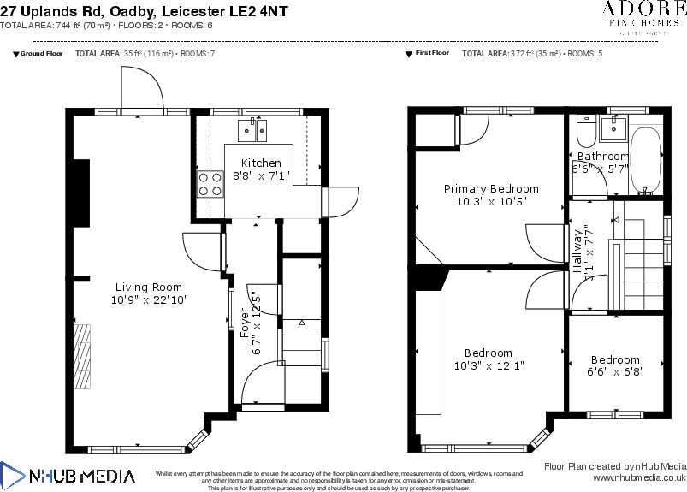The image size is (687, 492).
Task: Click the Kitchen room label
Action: click(x=261, y=163)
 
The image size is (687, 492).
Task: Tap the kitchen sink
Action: click(x=252, y=130)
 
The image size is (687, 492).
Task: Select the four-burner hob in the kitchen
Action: click(x=210, y=184)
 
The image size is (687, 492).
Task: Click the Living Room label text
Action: click(x=149, y=287)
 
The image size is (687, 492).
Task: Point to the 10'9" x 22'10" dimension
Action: click(x=149, y=300)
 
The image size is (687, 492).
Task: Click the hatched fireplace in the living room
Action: click(x=82, y=356)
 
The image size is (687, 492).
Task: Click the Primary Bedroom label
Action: click(x=491, y=188)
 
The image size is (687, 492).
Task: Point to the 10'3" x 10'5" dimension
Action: click(x=491, y=201)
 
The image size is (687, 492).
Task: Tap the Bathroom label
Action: click(x=602, y=156)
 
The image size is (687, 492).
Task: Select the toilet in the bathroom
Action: click(x=586, y=132)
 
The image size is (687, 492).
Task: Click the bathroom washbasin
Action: click(x=613, y=129)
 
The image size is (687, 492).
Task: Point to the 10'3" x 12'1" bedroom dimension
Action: click(x=489, y=365)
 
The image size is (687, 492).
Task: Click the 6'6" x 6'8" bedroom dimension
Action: click(x=615, y=371)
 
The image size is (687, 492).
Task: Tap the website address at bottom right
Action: click(x=639, y=478)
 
